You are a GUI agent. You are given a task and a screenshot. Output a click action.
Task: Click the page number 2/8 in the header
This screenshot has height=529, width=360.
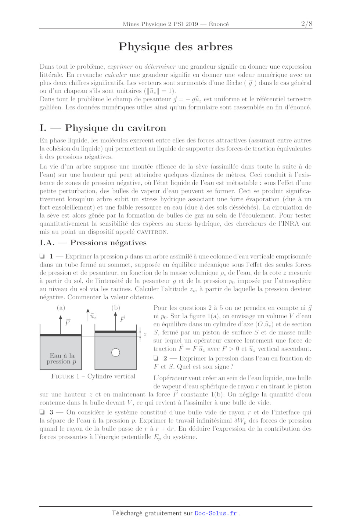click(306, 24)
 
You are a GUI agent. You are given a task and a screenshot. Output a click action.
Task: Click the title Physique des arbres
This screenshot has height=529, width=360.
click(176, 47)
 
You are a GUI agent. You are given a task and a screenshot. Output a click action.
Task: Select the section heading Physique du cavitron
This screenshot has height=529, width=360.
click(115, 128)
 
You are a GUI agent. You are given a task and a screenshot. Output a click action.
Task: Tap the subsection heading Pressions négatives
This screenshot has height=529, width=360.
click(108, 243)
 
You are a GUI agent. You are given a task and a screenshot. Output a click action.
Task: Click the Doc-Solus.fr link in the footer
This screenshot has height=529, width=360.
click(216, 513)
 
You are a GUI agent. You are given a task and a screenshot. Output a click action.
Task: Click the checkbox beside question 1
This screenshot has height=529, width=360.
click(42, 257)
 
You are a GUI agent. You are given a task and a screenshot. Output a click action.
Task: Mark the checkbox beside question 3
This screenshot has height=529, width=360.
click(42, 412)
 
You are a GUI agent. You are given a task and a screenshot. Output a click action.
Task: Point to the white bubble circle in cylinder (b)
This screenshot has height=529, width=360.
click(116, 353)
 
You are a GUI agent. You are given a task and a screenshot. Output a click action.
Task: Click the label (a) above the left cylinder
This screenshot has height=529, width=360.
click(61, 308)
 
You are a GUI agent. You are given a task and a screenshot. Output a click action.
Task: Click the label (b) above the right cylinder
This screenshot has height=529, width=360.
click(116, 308)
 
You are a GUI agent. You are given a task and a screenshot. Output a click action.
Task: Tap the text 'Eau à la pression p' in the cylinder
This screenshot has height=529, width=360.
click(62, 359)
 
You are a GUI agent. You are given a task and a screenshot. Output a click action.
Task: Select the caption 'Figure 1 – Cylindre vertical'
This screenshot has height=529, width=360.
click(93, 376)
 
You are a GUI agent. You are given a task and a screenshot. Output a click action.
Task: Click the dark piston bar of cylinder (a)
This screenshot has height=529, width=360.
click(61, 335)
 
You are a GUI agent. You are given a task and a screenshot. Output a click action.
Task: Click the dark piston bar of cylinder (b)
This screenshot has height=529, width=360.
click(116, 331)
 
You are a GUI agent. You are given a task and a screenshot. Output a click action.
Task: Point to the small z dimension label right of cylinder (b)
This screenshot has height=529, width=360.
click(145, 334)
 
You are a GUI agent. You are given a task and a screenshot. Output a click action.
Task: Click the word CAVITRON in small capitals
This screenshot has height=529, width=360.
click(152, 232)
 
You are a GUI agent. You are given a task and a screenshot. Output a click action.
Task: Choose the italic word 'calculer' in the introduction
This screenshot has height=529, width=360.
click(116, 75)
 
